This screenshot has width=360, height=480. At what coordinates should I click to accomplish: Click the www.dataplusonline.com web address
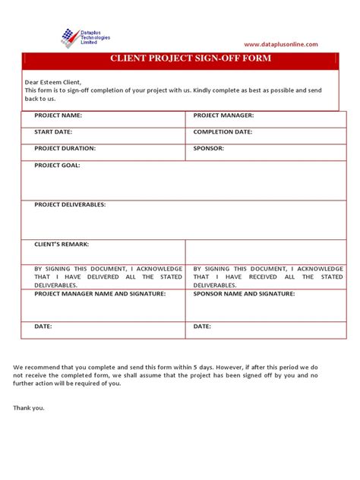pyautogui.click(x=281, y=45)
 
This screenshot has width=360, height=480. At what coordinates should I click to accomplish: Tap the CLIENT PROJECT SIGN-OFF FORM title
pyautogui.click(x=179, y=58)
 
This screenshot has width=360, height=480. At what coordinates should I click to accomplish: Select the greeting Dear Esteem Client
pyautogui.click(x=52, y=81)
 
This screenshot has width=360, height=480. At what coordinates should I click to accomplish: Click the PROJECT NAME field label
pyautogui.click(x=58, y=115)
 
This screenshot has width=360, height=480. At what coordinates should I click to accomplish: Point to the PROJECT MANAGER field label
pyautogui.click(x=223, y=115)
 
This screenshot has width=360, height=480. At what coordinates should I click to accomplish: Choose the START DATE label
pyautogui.click(x=52, y=131)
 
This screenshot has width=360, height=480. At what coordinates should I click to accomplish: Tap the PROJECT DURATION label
pyautogui.click(x=65, y=148)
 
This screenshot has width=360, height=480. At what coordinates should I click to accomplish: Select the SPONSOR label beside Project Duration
pyautogui.click(x=209, y=148)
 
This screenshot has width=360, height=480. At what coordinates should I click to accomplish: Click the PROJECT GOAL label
pyautogui.click(x=57, y=165)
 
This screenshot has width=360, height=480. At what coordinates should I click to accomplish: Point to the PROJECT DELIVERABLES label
pyautogui.click(x=70, y=204)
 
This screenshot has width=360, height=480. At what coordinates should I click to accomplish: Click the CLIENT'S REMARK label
pyautogui.click(x=62, y=244)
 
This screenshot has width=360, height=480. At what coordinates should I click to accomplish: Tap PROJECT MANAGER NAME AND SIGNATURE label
pyautogui.click(x=99, y=292)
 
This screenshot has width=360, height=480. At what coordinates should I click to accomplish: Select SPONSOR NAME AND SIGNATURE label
pyautogui.click(x=243, y=292)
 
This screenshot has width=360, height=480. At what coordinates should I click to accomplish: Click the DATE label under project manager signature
pyautogui.click(x=43, y=326)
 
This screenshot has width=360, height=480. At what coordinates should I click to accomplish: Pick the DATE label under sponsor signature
pyautogui.click(x=202, y=326)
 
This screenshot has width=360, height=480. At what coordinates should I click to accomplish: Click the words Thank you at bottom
pyautogui.click(x=29, y=408)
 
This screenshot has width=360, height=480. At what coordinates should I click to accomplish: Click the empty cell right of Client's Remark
pyautogui.click(x=266, y=251)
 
